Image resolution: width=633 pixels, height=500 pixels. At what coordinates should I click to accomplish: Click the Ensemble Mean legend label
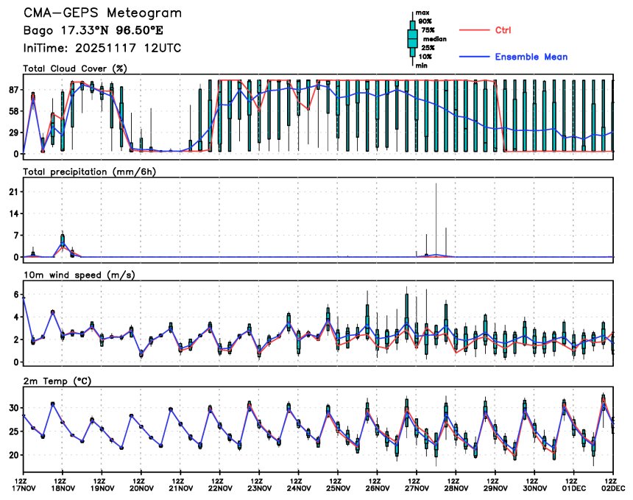coord(531,57)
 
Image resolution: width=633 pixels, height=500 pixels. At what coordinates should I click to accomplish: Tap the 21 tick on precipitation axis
coord(13,191)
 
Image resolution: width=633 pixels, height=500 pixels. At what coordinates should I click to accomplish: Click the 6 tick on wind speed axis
coord(15,294)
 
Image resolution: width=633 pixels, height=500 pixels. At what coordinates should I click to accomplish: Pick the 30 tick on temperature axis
coord(13,408)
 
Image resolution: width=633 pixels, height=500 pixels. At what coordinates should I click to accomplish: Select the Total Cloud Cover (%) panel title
coord(65,68)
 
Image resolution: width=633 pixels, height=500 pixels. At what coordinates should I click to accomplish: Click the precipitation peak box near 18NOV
coord(63,241)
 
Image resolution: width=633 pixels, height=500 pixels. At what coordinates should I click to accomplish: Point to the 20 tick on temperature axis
coord(13,455)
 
